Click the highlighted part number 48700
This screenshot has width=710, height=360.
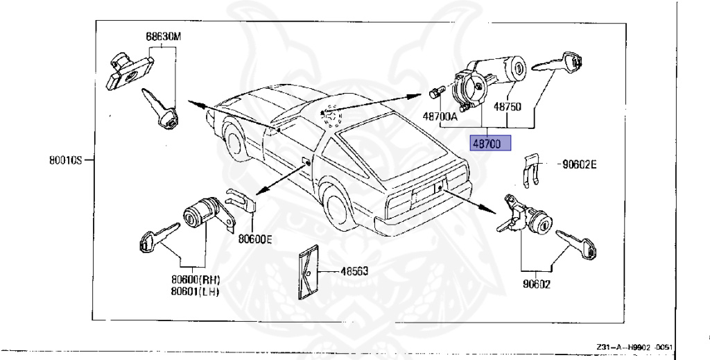point(490,144)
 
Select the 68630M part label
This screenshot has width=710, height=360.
point(163,36)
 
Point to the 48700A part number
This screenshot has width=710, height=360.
point(440,117)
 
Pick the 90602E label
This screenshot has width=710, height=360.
point(580,164)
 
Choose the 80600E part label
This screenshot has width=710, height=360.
point(255,239)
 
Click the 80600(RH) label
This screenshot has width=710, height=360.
point(196,280)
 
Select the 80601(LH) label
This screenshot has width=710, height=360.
point(196,291)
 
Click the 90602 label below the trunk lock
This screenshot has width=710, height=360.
point(536,283)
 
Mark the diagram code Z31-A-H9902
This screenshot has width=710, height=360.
point(634,347)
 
